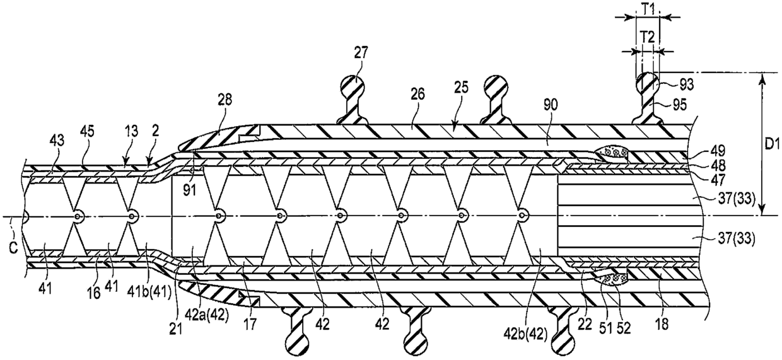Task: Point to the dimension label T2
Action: click(646, 37)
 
